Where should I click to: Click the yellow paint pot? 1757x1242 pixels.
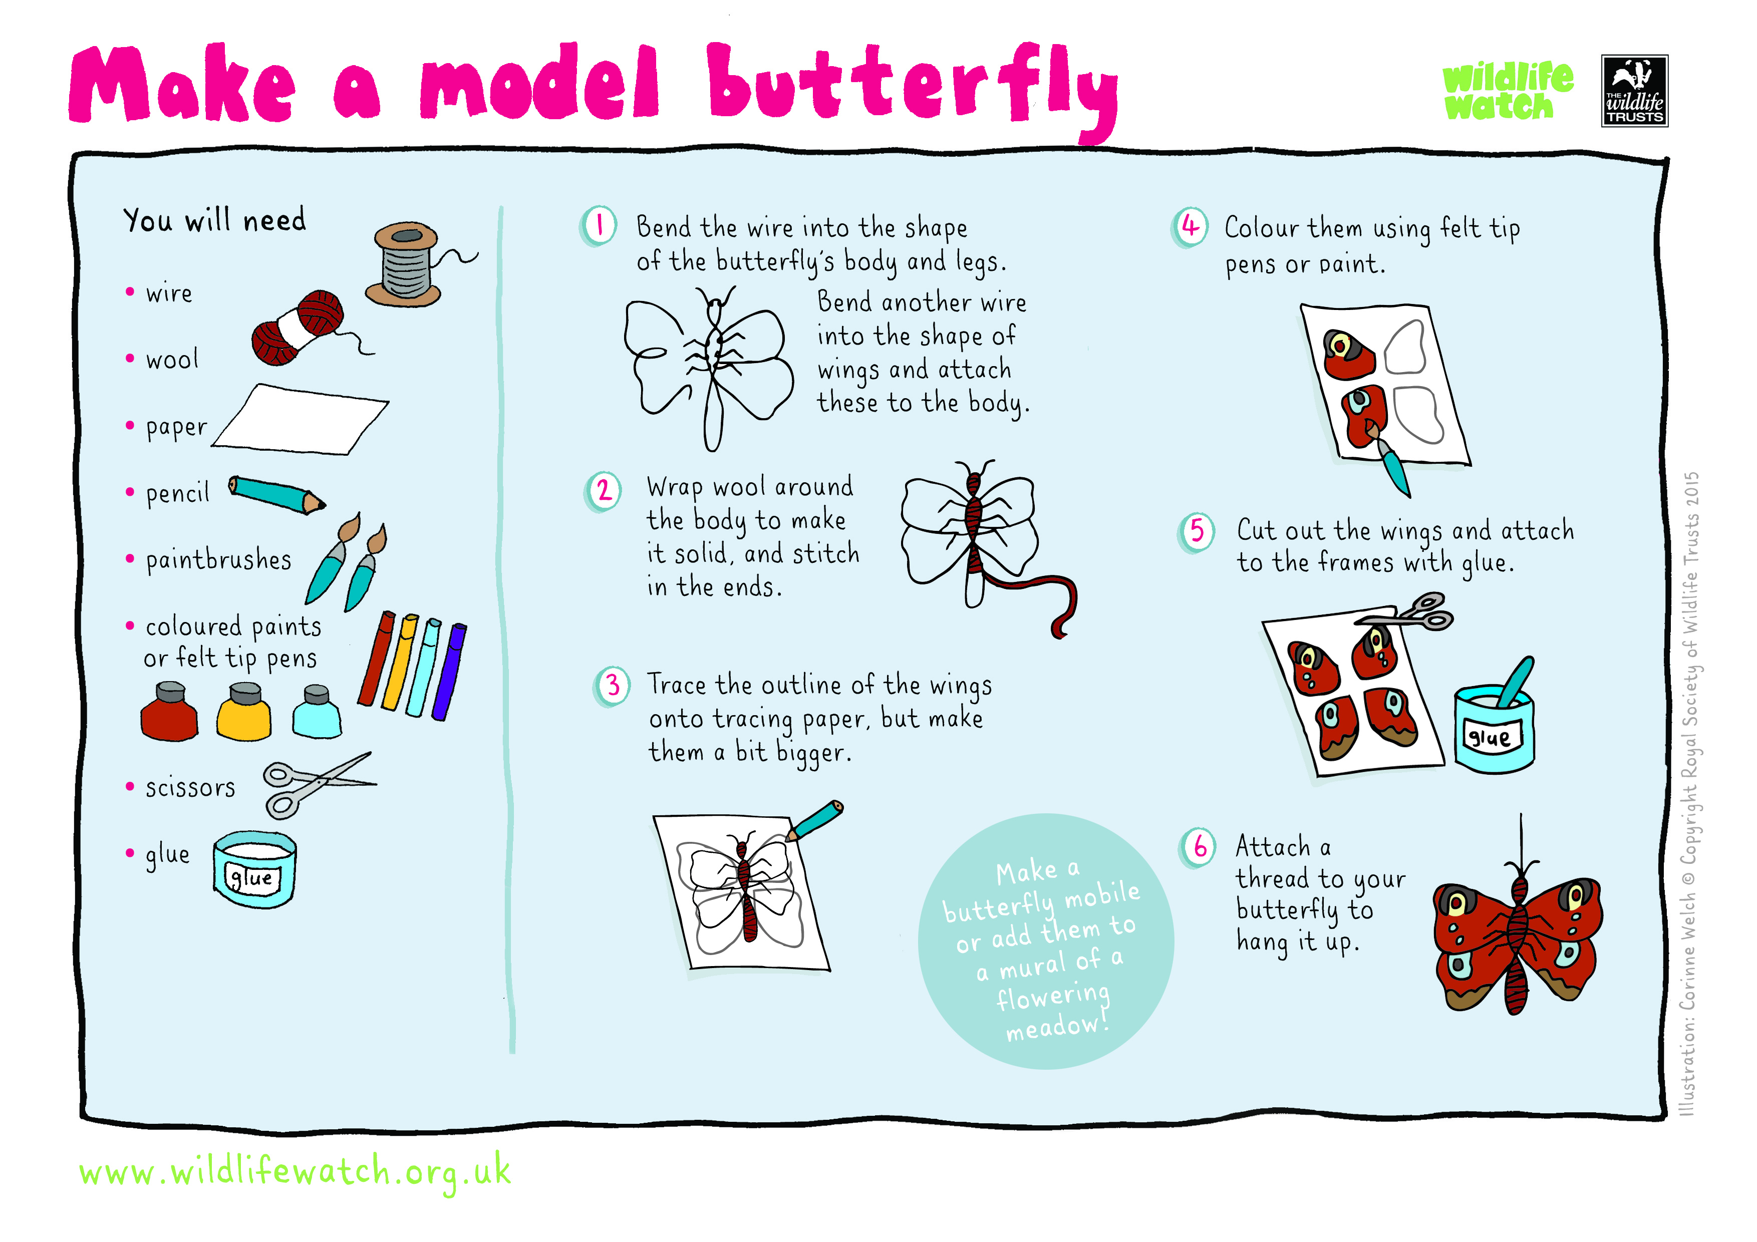[x=243, y=713]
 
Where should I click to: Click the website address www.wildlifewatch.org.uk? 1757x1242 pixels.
[x=295, y=1171]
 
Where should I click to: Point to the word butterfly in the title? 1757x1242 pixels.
[x=911, y=86]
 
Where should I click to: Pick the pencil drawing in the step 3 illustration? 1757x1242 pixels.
[x=816, y=820]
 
